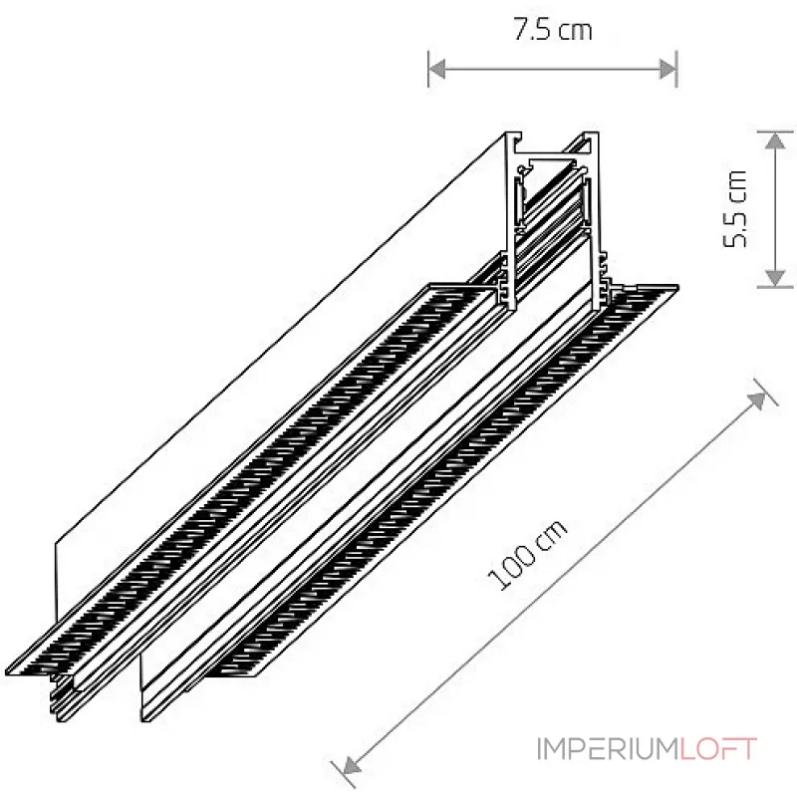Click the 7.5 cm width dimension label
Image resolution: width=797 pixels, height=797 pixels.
pos(553,29)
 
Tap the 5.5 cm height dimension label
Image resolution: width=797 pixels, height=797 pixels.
pos(735,209)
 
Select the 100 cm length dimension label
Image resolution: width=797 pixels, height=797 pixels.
pos(527,555)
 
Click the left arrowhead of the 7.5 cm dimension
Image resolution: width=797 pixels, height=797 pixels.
pos(437,69)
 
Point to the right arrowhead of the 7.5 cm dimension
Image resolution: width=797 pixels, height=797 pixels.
pos(667,69)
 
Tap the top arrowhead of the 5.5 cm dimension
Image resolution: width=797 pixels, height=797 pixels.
pos(775,140)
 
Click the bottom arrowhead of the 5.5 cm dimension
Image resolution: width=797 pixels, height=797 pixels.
pos(775,278)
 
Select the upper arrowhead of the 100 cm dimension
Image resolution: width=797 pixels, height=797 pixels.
pos(757,400)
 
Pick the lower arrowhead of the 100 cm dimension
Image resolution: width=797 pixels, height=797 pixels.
pos(352,765)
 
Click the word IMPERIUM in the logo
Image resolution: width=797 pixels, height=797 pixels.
pos(608,749)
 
